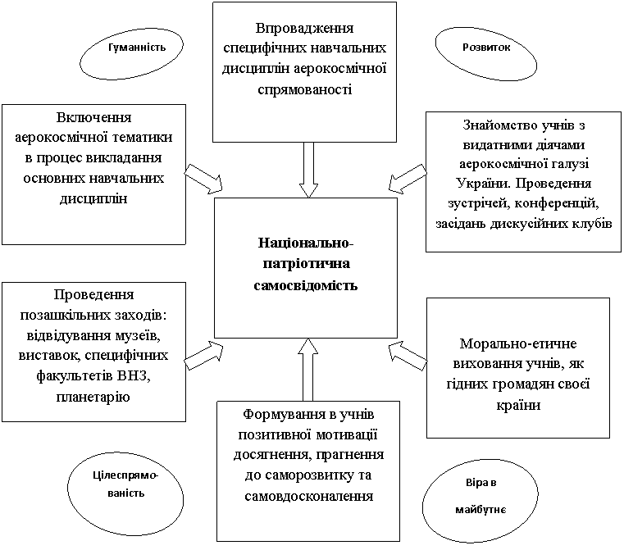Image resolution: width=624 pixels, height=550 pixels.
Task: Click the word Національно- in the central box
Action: pos(306,243)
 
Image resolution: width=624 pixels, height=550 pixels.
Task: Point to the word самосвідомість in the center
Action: pos(306,285)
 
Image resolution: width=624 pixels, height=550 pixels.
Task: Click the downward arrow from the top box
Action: pos(308,170)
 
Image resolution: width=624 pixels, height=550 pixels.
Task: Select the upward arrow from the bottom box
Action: pos(308,370)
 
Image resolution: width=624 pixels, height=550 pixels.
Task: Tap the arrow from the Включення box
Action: pos(203,179)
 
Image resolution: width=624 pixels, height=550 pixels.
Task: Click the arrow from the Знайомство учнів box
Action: pos(408,178)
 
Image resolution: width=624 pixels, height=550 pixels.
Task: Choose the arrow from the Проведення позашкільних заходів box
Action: pos(203,355)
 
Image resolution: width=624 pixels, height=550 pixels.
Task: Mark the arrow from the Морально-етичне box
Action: pos(408,356)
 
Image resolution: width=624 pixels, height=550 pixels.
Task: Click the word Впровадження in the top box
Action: pos(304,29)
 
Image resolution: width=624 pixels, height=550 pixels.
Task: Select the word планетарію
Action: pos(93,397)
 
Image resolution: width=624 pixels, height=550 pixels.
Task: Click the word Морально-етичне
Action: pos(518,343)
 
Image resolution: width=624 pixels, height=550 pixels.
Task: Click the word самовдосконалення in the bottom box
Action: pos(309,497)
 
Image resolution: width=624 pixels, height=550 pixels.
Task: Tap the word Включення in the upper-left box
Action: pos(94,118)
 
